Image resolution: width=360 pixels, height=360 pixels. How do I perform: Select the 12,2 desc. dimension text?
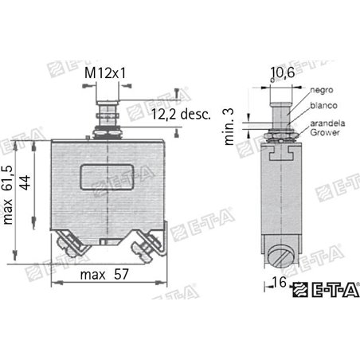point(179,115)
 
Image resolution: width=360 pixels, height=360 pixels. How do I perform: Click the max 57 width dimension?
point(105,276)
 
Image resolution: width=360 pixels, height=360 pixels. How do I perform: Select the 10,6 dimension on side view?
point(281,74)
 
